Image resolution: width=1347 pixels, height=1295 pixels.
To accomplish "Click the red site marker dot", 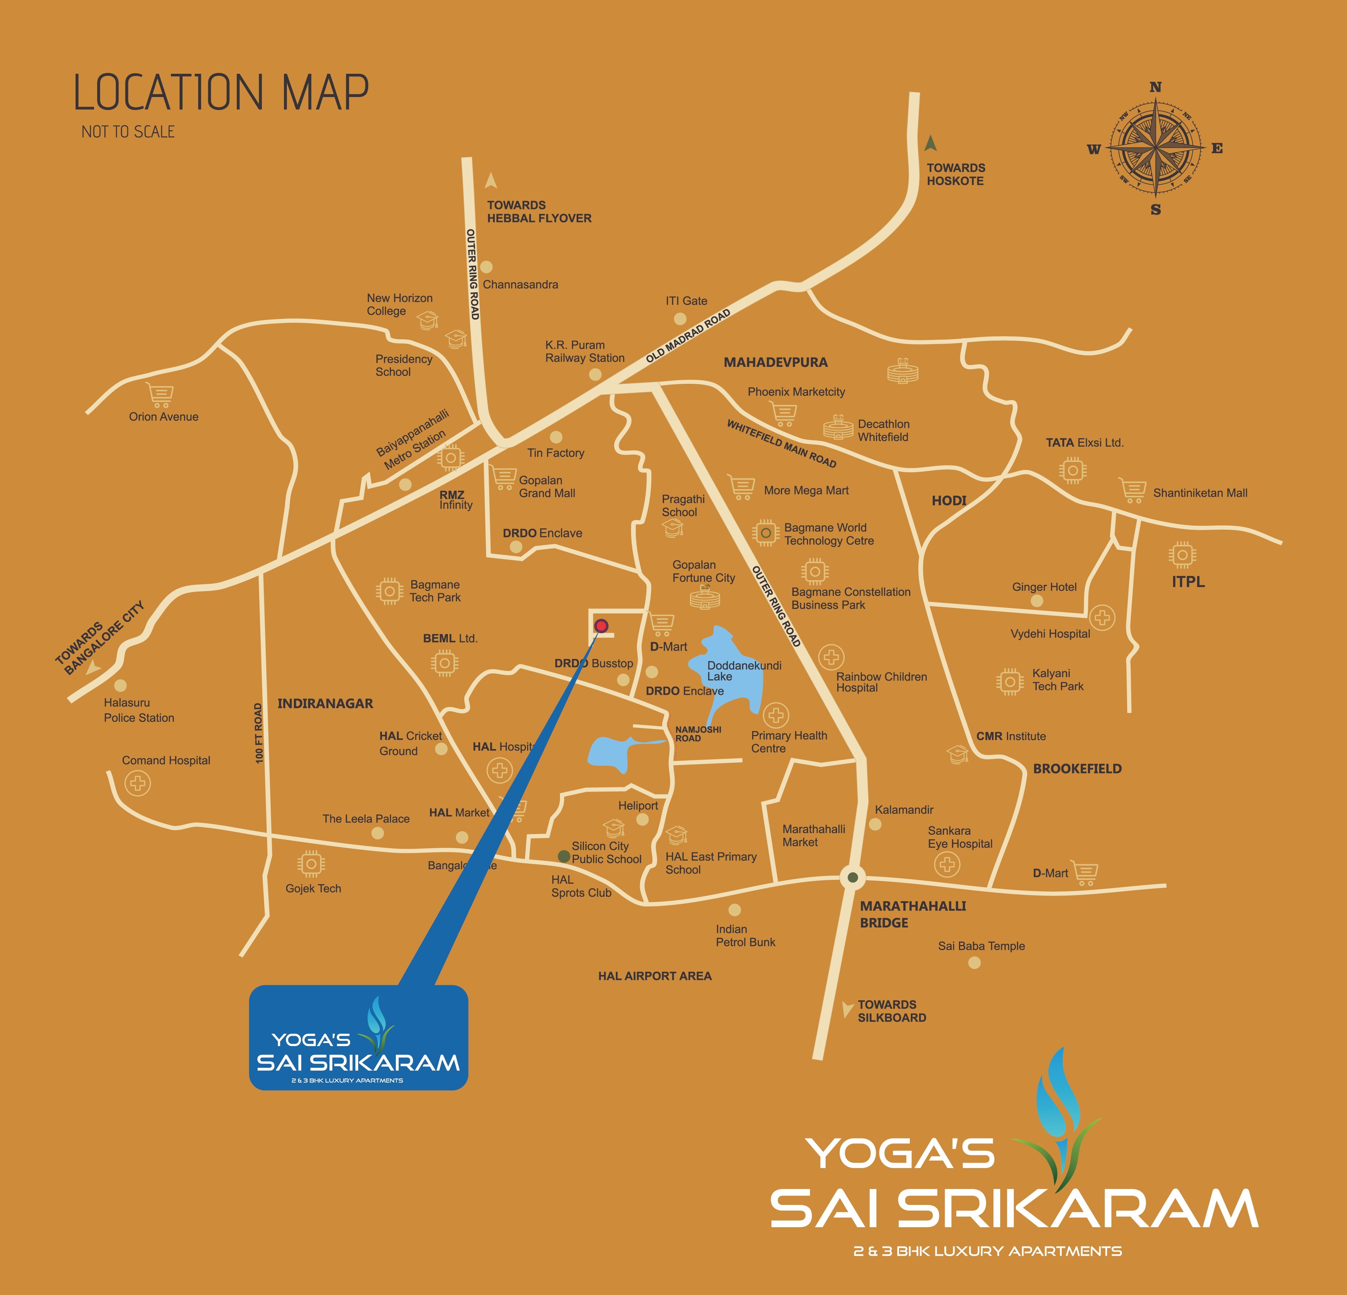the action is pyautogui.click(x=601, y=625).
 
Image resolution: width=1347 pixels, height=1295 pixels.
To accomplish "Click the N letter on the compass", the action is pyautogui.click(x=1155, y=87).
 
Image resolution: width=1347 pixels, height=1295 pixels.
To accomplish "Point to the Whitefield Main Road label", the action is pyautogui.click(x=781, y=444).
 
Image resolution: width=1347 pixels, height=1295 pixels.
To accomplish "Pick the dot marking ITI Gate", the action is pyautogui.click(x=680, y=319).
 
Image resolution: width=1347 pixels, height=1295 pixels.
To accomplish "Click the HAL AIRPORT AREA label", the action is pyautogui.click(x=654, y=976).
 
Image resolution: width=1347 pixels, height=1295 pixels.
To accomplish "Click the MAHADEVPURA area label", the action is pyautogui.click(x=775, y=362).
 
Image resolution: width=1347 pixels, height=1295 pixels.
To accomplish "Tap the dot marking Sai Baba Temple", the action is pyautogui.click(x=974, y=962).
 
